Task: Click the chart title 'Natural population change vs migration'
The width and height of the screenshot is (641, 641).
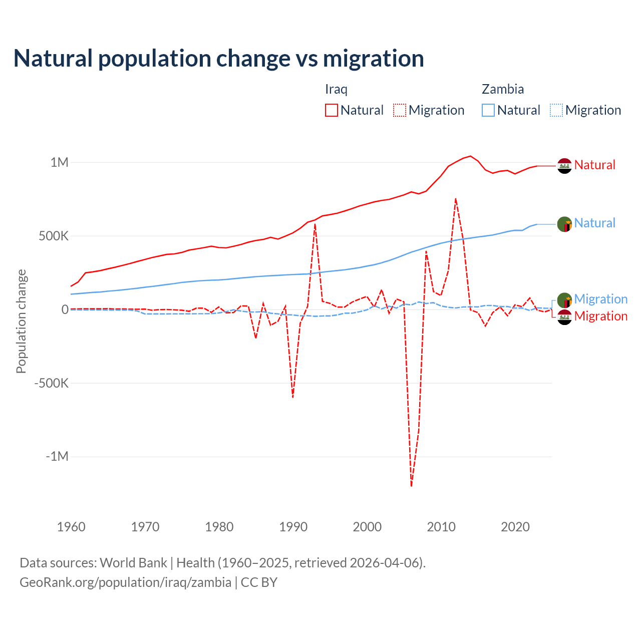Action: pyautogui.click(x=219, y=59)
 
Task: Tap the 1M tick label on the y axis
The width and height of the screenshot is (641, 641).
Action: pyautogui.click(x=59, y=162)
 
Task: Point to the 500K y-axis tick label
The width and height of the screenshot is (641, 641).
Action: pyautogui.click(x=54, y=236)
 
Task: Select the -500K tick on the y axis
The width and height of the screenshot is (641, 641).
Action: pyautogui.click(x=52, y=383)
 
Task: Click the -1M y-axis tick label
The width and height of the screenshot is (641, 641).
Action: pyautogui.click(x=57, y=457)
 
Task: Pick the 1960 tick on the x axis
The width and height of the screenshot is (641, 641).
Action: pyautogui.click(x=71, y=527)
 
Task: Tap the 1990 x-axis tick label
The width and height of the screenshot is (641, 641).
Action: pyautogui.click(x=293, y=527)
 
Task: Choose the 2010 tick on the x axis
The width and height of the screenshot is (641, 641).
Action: pyautogui.click(x=441, y=527)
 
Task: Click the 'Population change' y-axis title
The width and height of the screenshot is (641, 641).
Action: pyautogui.click(x=21, y=321)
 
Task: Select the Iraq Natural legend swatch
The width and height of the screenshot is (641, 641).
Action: pyautogui.click(x=332, y=110)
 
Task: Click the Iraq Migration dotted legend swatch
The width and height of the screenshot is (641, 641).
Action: pyautogui.click(x=400, y=110)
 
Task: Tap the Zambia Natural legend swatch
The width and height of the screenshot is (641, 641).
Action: pyautogui.click(x=488, y=110)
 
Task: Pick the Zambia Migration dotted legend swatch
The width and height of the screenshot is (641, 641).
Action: pyautogui.click(x=556, y=110)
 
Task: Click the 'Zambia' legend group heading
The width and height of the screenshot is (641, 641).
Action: pyautogui.click(x=503, y=89)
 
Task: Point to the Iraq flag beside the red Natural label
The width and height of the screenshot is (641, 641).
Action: pyautogui.click(x=565, y=166)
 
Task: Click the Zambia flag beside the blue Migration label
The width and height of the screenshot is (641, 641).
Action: pyautogui.click(x=565, y=300)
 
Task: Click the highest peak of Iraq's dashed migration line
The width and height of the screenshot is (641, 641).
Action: pyautogui.click(x=456, y=199)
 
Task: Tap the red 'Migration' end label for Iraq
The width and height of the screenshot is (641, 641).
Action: pyautogui.click(x=601, y=316)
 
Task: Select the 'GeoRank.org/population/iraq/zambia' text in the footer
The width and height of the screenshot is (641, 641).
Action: pyautogui.click(x=125, y=582)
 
